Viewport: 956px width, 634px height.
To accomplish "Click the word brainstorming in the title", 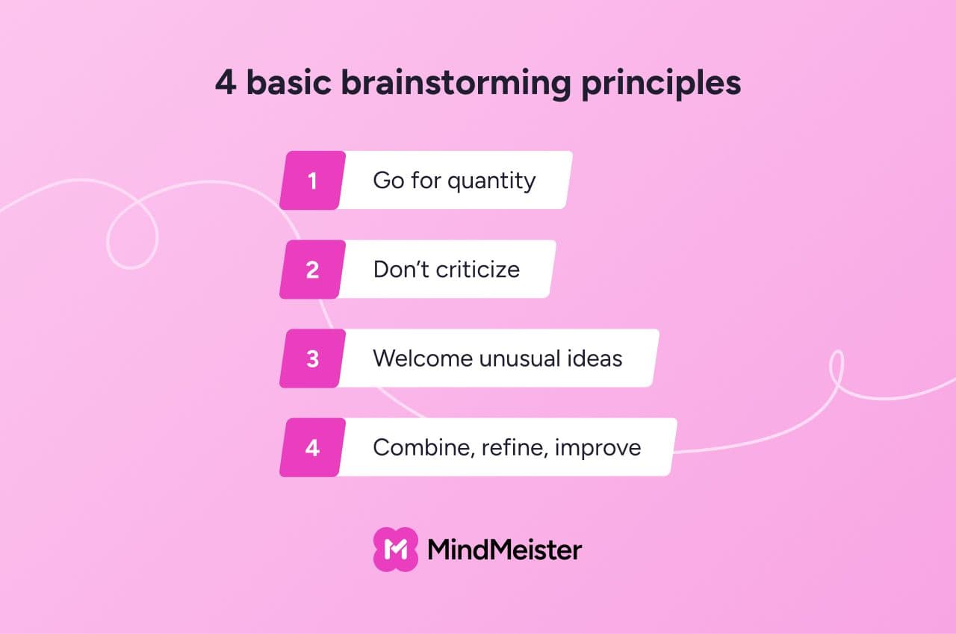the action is pyautogui.click(x=456, y=84).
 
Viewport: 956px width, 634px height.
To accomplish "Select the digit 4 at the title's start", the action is pyautogui.click(x=226, y=82).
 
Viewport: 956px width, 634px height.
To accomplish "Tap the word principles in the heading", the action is pyautogui.click(x=661, y=84).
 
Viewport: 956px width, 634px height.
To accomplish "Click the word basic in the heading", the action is pyautogui.click(x=288, y=81).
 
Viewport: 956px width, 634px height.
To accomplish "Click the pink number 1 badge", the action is pyautogui.click(x=312, y=180).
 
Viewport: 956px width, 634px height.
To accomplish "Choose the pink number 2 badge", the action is pyautogui.click(x=312, y=270).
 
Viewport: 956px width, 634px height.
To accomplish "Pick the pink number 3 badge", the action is pyautogui.click(x=312, y=358).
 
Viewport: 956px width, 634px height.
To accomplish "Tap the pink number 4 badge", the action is pyautogui.click(x=312, y=447).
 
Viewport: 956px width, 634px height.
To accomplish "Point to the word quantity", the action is pyautogui.click(x=491, y=181).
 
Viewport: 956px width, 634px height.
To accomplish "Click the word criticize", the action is pyautogui.click(x=477, y=270).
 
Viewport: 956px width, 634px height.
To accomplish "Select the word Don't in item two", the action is pyautogui.click(x=401, y=270).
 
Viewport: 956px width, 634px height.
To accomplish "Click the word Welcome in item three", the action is pyautogui.click(x=422, y=358).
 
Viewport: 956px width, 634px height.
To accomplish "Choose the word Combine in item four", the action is pyautogui.click(x=423, y=448).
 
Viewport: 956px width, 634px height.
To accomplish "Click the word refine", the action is pyautogui.click(x=515, y=448).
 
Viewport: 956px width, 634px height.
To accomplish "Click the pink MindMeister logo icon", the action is pyautogui.click(x=396, y=550).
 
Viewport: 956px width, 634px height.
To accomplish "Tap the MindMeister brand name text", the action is pyautogui.click(x=504, y=550).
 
